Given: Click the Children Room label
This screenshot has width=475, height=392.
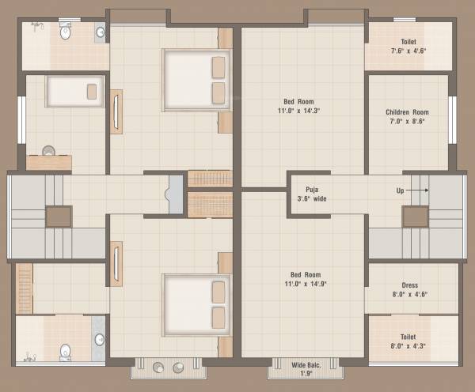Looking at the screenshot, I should click(408, 117).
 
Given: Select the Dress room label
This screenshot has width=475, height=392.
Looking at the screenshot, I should click(409, 291).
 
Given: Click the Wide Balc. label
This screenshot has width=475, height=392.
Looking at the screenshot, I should click(304, 369).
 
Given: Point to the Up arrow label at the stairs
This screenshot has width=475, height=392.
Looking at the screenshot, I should click(401, 190).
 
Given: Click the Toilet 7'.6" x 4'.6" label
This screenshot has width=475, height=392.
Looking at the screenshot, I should click(408, 46).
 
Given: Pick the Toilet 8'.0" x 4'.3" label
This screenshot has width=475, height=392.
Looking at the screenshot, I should click(408, 340).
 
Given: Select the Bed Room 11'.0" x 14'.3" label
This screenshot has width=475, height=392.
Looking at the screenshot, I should click(302, 106).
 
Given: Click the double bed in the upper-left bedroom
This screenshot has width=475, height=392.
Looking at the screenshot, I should click(196, 80).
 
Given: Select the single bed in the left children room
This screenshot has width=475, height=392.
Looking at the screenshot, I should click(74, 91).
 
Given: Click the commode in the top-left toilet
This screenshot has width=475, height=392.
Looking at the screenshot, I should click(66, 33).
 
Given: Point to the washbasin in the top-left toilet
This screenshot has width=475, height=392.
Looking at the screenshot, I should click(100, 32).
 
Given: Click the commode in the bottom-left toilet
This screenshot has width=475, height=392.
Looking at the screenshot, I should click(66, 351).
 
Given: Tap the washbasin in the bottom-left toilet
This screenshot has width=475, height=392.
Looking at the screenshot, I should click(99, 340).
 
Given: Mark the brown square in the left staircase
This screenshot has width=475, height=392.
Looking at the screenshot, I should click(58, 217).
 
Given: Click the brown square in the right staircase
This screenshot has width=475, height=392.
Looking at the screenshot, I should click(415, 217).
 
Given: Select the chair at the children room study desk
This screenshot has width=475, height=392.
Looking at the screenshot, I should click(49, 150).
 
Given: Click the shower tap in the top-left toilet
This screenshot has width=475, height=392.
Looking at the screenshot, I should click(36, 26).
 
